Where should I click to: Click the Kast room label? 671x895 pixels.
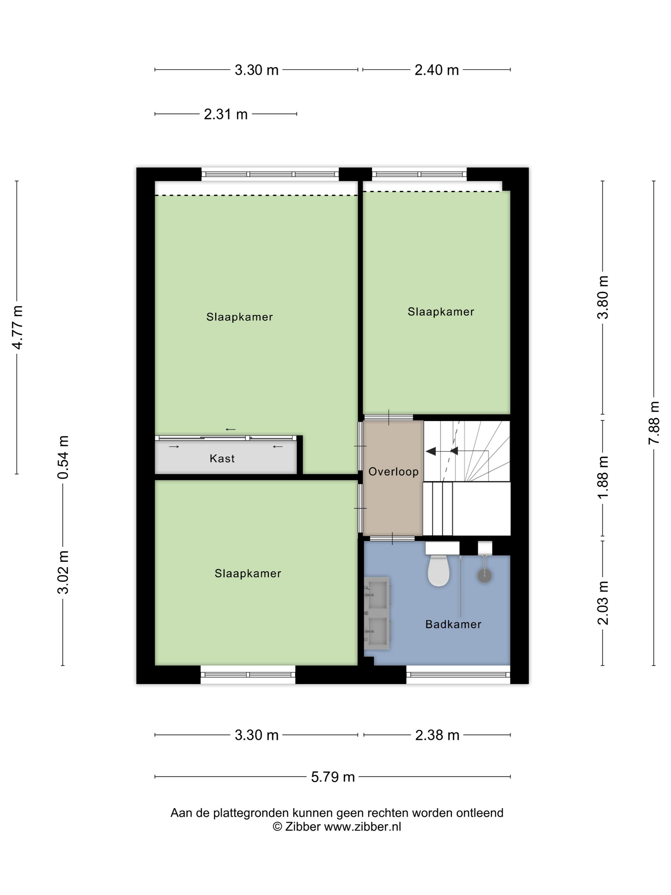click(222, 458)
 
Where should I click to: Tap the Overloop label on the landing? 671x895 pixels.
click(393, 472)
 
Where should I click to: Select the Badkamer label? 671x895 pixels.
click(453, 624)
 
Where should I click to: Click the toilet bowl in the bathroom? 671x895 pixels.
click(438, 571)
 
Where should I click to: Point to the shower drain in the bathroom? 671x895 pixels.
click(484, 576)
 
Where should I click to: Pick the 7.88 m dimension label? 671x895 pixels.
click(654, 423)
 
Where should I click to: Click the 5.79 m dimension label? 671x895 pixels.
click(333, 776)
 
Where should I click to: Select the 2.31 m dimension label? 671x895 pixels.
click(226, 114)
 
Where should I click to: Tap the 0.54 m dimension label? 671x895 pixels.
click(63, 457)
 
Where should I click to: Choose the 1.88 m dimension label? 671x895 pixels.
click(603, 478)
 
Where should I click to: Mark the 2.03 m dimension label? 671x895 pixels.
click(603, 603)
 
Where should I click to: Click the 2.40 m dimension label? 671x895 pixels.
click(436, 70)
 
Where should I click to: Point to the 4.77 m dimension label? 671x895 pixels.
click(17, 327)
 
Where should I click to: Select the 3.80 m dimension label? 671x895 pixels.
click(603, 297)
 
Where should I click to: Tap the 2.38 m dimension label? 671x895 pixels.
click(437, 735)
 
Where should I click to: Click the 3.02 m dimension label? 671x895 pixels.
click(63, 572)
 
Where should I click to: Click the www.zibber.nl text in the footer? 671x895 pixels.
click(362, 827)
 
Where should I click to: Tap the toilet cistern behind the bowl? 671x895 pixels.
click(442, 548)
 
